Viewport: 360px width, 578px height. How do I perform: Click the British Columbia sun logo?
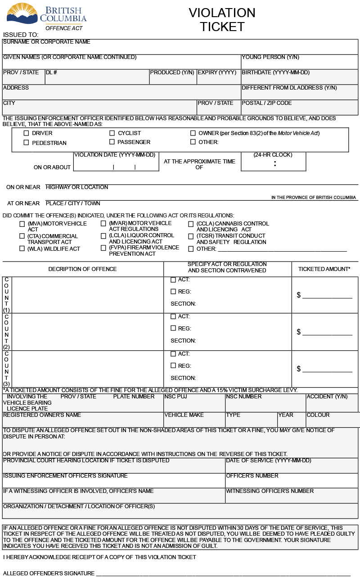[x=22, y=13]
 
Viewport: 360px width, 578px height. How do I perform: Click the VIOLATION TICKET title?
[x=222, y=20]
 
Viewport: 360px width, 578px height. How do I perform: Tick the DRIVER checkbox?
[x=26, y=133]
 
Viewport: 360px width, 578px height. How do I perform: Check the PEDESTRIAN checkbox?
[x=26, y=143]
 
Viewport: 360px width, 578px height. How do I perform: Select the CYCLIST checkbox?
[x=112, y=133]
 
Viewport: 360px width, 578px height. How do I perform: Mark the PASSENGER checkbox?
[x=112, y=142]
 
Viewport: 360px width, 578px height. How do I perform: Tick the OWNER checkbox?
[x=193, y=133]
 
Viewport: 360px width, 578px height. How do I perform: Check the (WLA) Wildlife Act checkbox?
[x=22, y=248]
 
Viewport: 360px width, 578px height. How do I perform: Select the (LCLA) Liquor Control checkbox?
[x=103, y=236]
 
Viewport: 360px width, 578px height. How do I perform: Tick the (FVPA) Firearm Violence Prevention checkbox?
[x=103, y=248]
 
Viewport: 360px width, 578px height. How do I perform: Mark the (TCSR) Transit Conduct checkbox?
[x=191, y=236]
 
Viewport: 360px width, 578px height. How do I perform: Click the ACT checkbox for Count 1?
[x=173, y=280]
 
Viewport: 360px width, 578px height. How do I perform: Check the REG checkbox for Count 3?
[x=173, y=366]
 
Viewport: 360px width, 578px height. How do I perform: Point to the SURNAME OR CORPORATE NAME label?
[x=47, y=42]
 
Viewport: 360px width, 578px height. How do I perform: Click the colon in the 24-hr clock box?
[x=275, y=164]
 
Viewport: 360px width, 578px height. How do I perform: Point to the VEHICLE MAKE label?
[x=184, y=415]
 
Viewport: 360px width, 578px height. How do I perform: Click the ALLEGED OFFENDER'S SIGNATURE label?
[x=49, y=573]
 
